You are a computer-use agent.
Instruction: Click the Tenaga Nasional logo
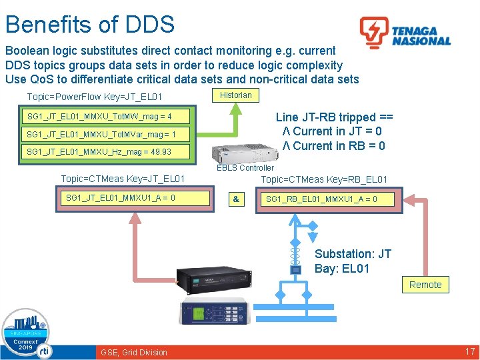pyautogui.click(x=405, y=33)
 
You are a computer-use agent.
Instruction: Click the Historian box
pyautogui.click(x=236, y=95)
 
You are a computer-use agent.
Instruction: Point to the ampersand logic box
pyautogui.click(x=236, y=199)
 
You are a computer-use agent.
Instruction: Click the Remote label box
pyautogui.click(x=425, y=285)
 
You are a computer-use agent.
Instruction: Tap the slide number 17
pyautogui.click(x=469, y=351)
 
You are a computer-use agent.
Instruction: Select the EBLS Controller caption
pyautogui.click(x=245, y=168)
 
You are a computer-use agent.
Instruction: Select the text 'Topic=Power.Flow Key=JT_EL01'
pyautogui.click(x=95, y=98)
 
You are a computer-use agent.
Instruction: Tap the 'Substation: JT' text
pyautogui.click(x=353, y=254)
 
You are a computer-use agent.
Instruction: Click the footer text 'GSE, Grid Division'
pyautogui.click(x=134, y=352)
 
